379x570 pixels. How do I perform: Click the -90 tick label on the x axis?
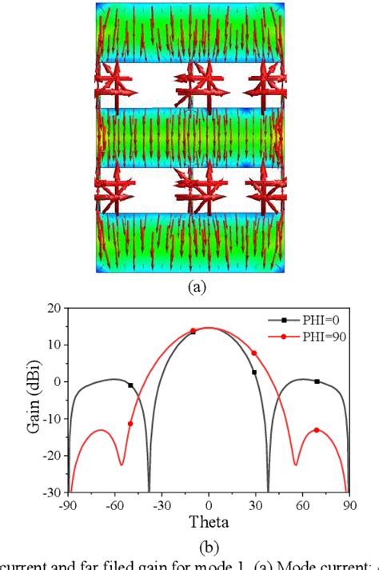tap(69, 505)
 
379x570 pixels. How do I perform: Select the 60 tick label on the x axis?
tap(302, 505)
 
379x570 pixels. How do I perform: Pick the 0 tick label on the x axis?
tap(209, 505)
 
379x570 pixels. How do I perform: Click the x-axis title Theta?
tap(209, 524)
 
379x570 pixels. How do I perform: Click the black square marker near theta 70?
tap(317, 381)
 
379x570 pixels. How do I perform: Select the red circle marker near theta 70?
tap(317, 430)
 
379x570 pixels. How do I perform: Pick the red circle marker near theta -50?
tap(130, 424)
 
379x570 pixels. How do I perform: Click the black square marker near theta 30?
tap(254, 372)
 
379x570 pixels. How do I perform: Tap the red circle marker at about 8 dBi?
tap(254, 353)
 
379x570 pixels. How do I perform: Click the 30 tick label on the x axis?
tap(255, 505)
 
